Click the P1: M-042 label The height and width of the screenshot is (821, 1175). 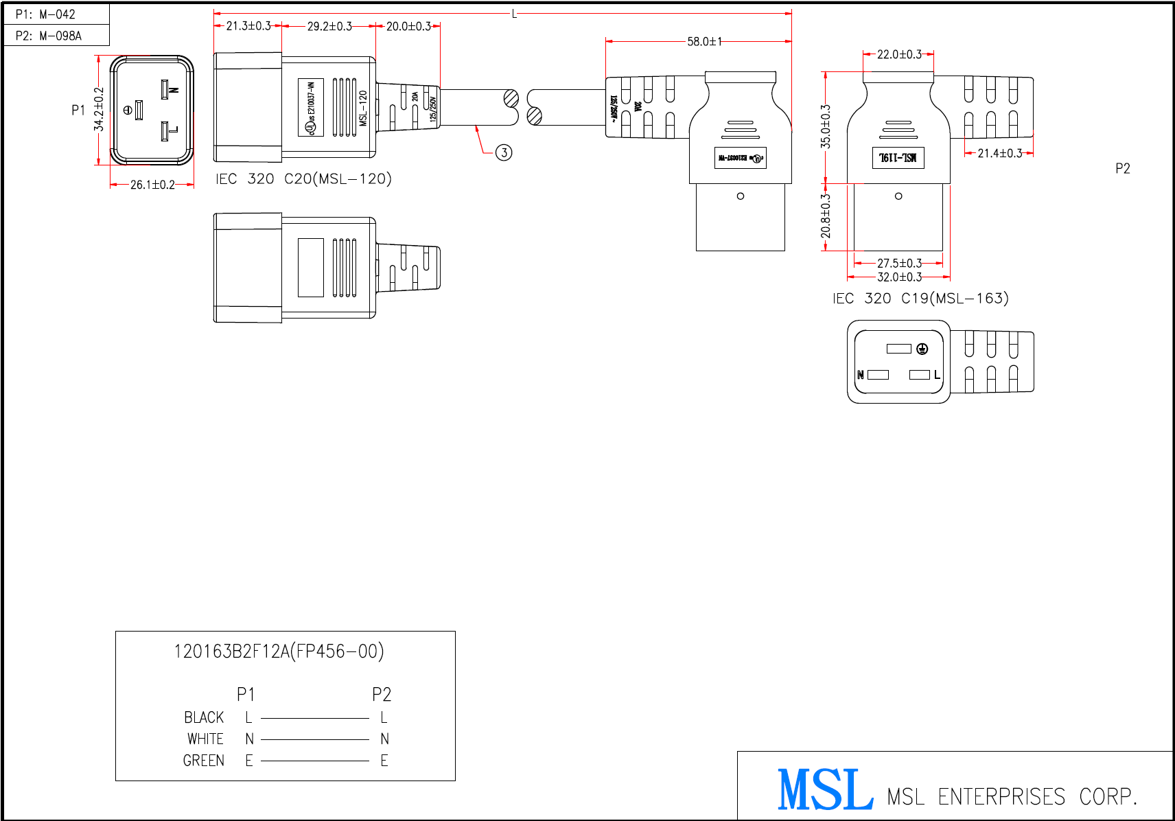[x=45, y=14]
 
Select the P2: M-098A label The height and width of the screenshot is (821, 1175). [x=48, y=36]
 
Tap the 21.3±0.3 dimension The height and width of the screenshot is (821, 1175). [x=248, y=26]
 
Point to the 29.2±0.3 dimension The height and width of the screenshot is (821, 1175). [x=329, y=26]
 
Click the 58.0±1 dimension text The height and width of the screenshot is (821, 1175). [x=704, y=42]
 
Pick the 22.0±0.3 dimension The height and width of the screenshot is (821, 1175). [x=899, y=54]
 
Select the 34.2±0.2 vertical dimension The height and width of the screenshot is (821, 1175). [x=100, y=109]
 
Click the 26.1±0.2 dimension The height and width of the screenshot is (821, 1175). [x=152, y=185]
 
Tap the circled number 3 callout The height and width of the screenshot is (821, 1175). [x=504, y=152]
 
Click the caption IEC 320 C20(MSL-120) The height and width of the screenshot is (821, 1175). [x=303, y=179]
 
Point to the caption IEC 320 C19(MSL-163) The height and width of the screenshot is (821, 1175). [x=920, y=299]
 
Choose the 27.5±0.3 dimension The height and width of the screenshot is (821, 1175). [x=899, y=264]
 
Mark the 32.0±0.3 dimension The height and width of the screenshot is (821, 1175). [x=899, y=277]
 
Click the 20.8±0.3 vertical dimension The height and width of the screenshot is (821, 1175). [x=826, y=216]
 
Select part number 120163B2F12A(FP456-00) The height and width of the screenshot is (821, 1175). [x=279, y=651]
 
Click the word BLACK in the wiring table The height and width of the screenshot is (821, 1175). [x=204, y=718]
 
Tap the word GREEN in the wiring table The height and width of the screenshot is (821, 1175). [x=203, y=761]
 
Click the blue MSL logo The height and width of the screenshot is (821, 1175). [x=826, y=789]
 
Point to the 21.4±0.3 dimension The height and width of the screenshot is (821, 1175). [x=999, y=153]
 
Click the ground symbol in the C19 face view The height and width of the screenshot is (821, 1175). [x=922, y=349]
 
